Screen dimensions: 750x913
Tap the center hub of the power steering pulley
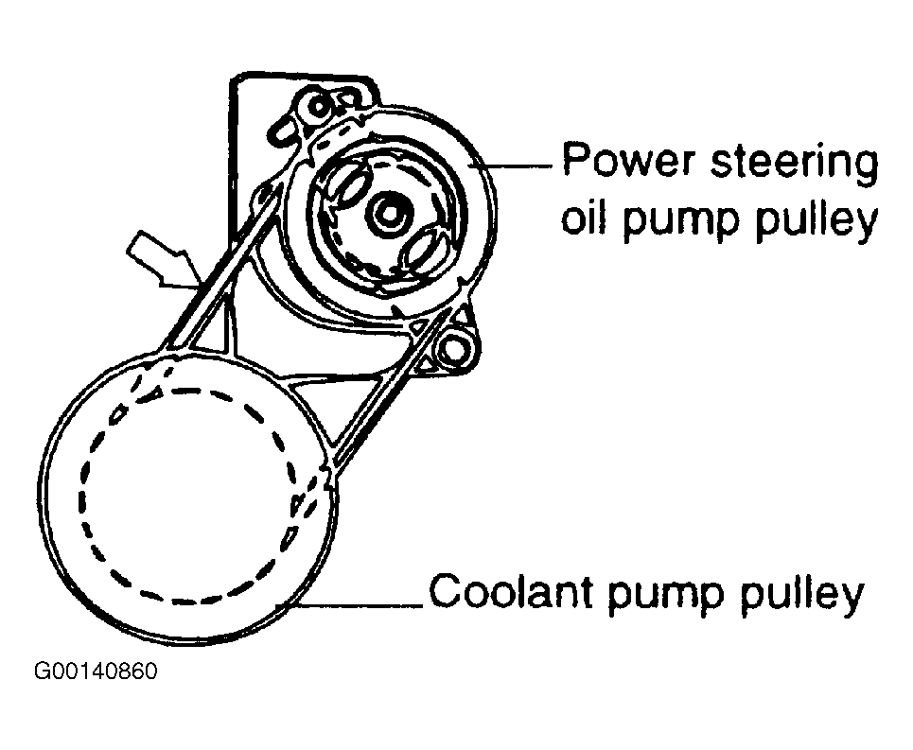point(386,212)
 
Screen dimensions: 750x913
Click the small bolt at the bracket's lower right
point(458,349)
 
